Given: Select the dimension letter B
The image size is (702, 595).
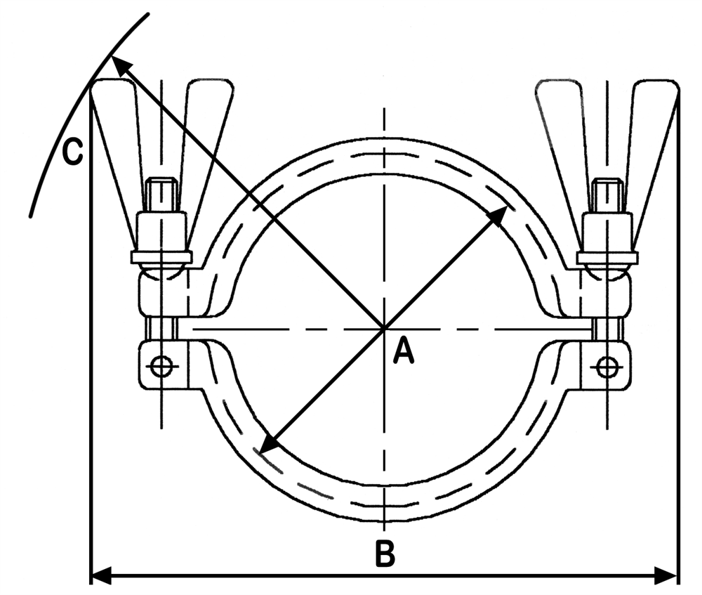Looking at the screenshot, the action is [x=385, y=554].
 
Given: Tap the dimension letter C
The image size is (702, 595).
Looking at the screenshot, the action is [x=72, y=151].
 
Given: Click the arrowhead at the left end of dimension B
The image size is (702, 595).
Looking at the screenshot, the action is [x=101, y=575].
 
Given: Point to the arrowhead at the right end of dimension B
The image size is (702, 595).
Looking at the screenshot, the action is [x=667, y=575].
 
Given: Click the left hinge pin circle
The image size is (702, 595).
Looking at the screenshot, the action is [x=161, y=367].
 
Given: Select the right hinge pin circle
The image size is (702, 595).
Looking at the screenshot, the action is [x=607, y=367].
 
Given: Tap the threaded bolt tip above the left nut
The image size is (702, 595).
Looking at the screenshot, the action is [x=162, y=195].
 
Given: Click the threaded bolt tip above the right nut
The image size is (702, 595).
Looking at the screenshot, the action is [x=607, y=195].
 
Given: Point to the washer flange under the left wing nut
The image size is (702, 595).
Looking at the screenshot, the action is [x=161, y=257].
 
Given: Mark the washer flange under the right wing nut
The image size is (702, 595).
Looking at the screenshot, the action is [x=607, y=257].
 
